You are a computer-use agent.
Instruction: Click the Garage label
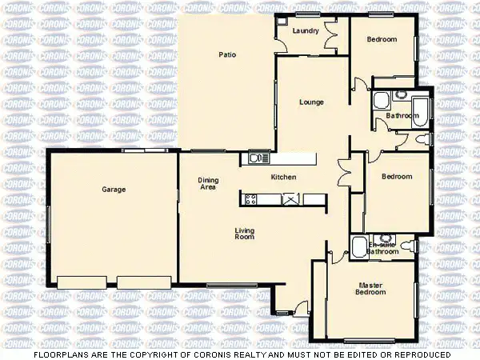click(114, 190)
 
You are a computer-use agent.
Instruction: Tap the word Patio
click(226, 54)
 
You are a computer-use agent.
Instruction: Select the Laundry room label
click(306, 31)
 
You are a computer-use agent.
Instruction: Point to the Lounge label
click(311, 102)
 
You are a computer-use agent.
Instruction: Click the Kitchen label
click(284, 177)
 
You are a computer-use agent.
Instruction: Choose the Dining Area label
click(208, 184)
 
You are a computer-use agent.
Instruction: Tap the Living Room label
click(244, 234)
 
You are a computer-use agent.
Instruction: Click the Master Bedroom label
click(371, 288)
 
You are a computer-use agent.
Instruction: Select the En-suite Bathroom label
click(383, 248)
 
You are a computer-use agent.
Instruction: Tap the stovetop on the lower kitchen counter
click(250, 198)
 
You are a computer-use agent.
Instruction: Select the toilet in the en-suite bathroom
click(386, 238)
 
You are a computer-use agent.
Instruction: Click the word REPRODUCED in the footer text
click(421, 354)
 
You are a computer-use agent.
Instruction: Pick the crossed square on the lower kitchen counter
click(289, 198)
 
